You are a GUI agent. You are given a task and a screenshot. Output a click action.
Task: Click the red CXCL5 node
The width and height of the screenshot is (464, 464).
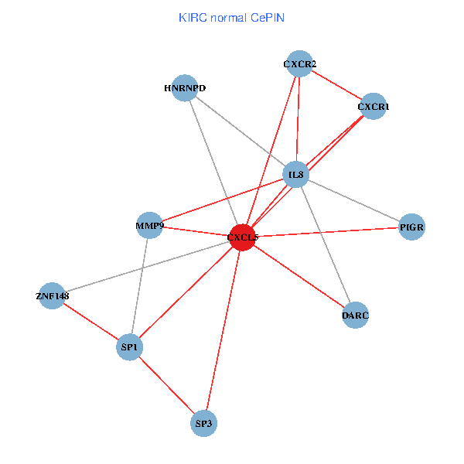(242, 238)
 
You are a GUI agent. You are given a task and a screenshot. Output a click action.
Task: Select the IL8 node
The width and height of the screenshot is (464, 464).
(296, 175)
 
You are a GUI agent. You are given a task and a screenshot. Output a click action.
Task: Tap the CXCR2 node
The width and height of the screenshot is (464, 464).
(299, 64)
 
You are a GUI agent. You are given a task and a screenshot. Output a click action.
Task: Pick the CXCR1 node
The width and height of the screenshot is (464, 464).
(374, 106)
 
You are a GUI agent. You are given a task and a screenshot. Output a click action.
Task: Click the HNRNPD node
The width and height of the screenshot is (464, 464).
(186, 88)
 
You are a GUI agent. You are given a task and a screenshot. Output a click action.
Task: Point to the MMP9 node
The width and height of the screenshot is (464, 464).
(149, 226)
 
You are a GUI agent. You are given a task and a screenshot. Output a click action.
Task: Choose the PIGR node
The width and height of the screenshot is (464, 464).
(412, 227)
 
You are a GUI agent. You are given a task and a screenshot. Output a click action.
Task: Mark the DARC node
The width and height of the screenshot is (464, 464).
(355, 315)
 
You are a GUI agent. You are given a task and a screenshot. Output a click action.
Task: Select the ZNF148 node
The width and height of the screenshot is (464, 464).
(52, 295)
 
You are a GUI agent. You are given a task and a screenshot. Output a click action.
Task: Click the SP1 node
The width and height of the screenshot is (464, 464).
(129, 348)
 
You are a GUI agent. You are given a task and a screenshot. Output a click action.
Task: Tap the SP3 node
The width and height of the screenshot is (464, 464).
(203, 424)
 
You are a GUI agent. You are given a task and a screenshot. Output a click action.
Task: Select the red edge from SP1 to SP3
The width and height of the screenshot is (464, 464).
(166, 386)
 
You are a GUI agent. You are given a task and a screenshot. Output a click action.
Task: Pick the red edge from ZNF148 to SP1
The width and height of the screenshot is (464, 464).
(90, 322)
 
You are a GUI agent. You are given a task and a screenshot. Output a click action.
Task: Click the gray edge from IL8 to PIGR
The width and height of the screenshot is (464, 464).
(354, 201)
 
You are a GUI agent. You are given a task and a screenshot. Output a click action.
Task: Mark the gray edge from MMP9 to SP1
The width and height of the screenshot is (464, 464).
(139, 287)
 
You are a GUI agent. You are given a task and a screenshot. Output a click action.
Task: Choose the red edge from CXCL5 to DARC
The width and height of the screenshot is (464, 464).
(299, 276)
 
